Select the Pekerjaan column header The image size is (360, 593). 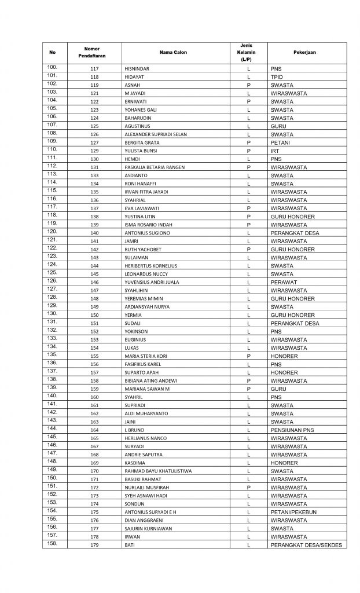click(x=307, y=53)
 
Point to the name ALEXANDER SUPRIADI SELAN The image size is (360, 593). click(x=155, y=134)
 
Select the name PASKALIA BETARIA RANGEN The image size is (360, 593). click(x=155, y=167)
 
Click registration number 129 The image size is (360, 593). click(x=94, y=151)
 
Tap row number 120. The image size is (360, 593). click(x=52, y=232)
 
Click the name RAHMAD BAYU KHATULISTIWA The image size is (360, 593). click(x=157, y=471)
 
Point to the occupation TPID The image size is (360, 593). click(x=276, y=77)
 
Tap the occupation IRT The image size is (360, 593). click(x=274, y=151)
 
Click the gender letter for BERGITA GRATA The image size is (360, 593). click(x=248, y=142)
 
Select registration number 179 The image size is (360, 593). click(x=94, y=546)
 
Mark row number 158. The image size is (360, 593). click(x=52, y=544)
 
